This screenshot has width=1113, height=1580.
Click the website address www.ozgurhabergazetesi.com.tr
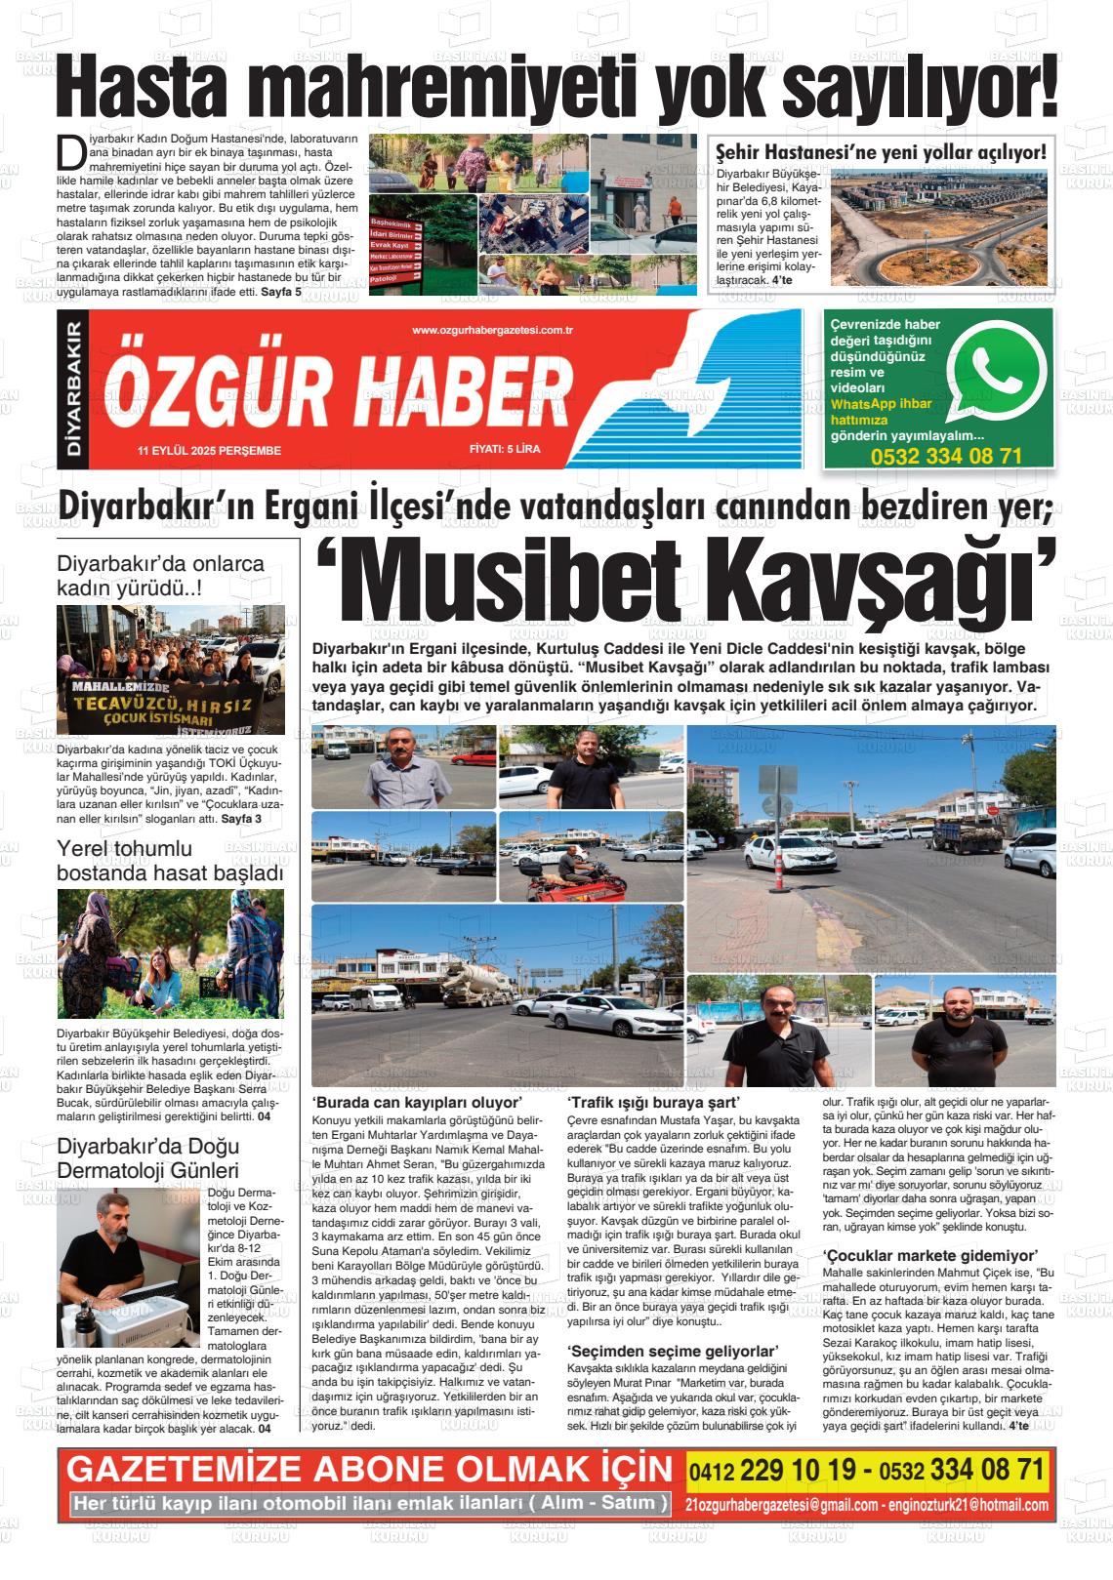[492, 332]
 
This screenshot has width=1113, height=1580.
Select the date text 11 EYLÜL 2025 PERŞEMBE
[210, 451]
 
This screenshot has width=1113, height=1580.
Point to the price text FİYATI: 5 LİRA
[504, 450]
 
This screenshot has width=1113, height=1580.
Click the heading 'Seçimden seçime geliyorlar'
[673, 1352]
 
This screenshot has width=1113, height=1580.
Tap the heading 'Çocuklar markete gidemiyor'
[929, 1255]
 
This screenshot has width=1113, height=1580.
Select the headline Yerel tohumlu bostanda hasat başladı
[170, 861]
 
